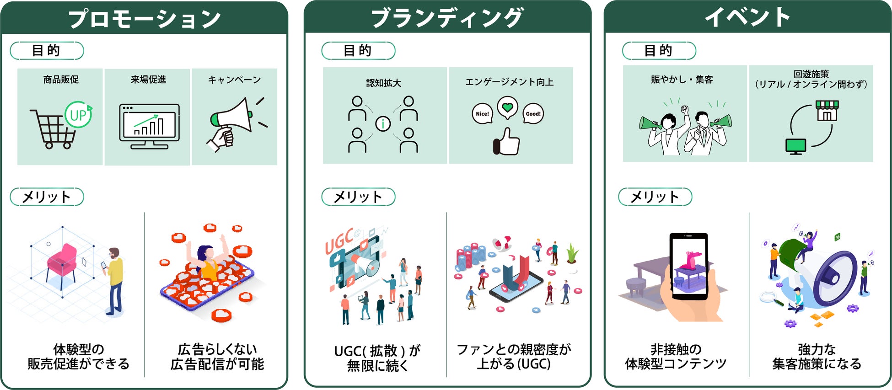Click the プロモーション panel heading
(144, 18)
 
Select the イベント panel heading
(747, 17)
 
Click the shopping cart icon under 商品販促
(52, 129)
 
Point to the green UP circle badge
(78, 115)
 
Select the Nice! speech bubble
(482, 113)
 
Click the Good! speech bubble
(533, 113)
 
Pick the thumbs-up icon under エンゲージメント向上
(507, 142)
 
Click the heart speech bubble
(507, 108)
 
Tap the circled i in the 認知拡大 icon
(383, 123)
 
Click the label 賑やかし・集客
(682, 80)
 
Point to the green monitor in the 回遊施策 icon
(795, 145)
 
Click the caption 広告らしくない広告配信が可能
(217, 357)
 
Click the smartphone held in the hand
(688, 265)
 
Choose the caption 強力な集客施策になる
(817, 357)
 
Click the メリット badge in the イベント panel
(655, 197)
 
